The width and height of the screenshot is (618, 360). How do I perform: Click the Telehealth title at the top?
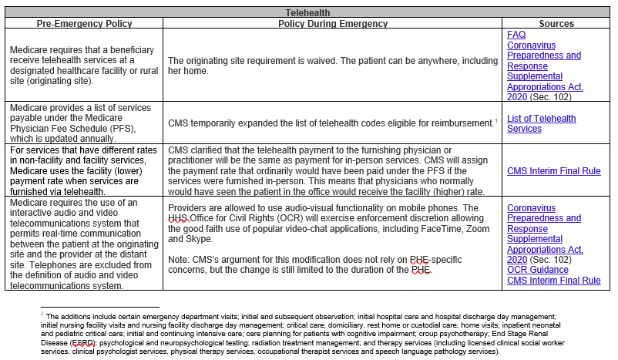click(x=309, y=14)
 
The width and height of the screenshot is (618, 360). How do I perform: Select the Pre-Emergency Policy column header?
click(x=82, y=24)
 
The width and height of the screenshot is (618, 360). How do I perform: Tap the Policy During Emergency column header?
click(x=333, y=24)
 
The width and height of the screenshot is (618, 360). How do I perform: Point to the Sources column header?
click(x=556, y=24)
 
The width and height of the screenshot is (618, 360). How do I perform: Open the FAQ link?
click(x=516, y=35)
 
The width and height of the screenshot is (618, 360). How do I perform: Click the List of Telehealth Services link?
click(x=541, y=123)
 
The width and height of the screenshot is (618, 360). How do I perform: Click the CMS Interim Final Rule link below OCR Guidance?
click(x=553, y=281)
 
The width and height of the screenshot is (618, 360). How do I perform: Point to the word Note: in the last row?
click(x=180, y=261)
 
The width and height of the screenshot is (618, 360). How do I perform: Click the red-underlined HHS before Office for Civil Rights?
click(x=177, y=219)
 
